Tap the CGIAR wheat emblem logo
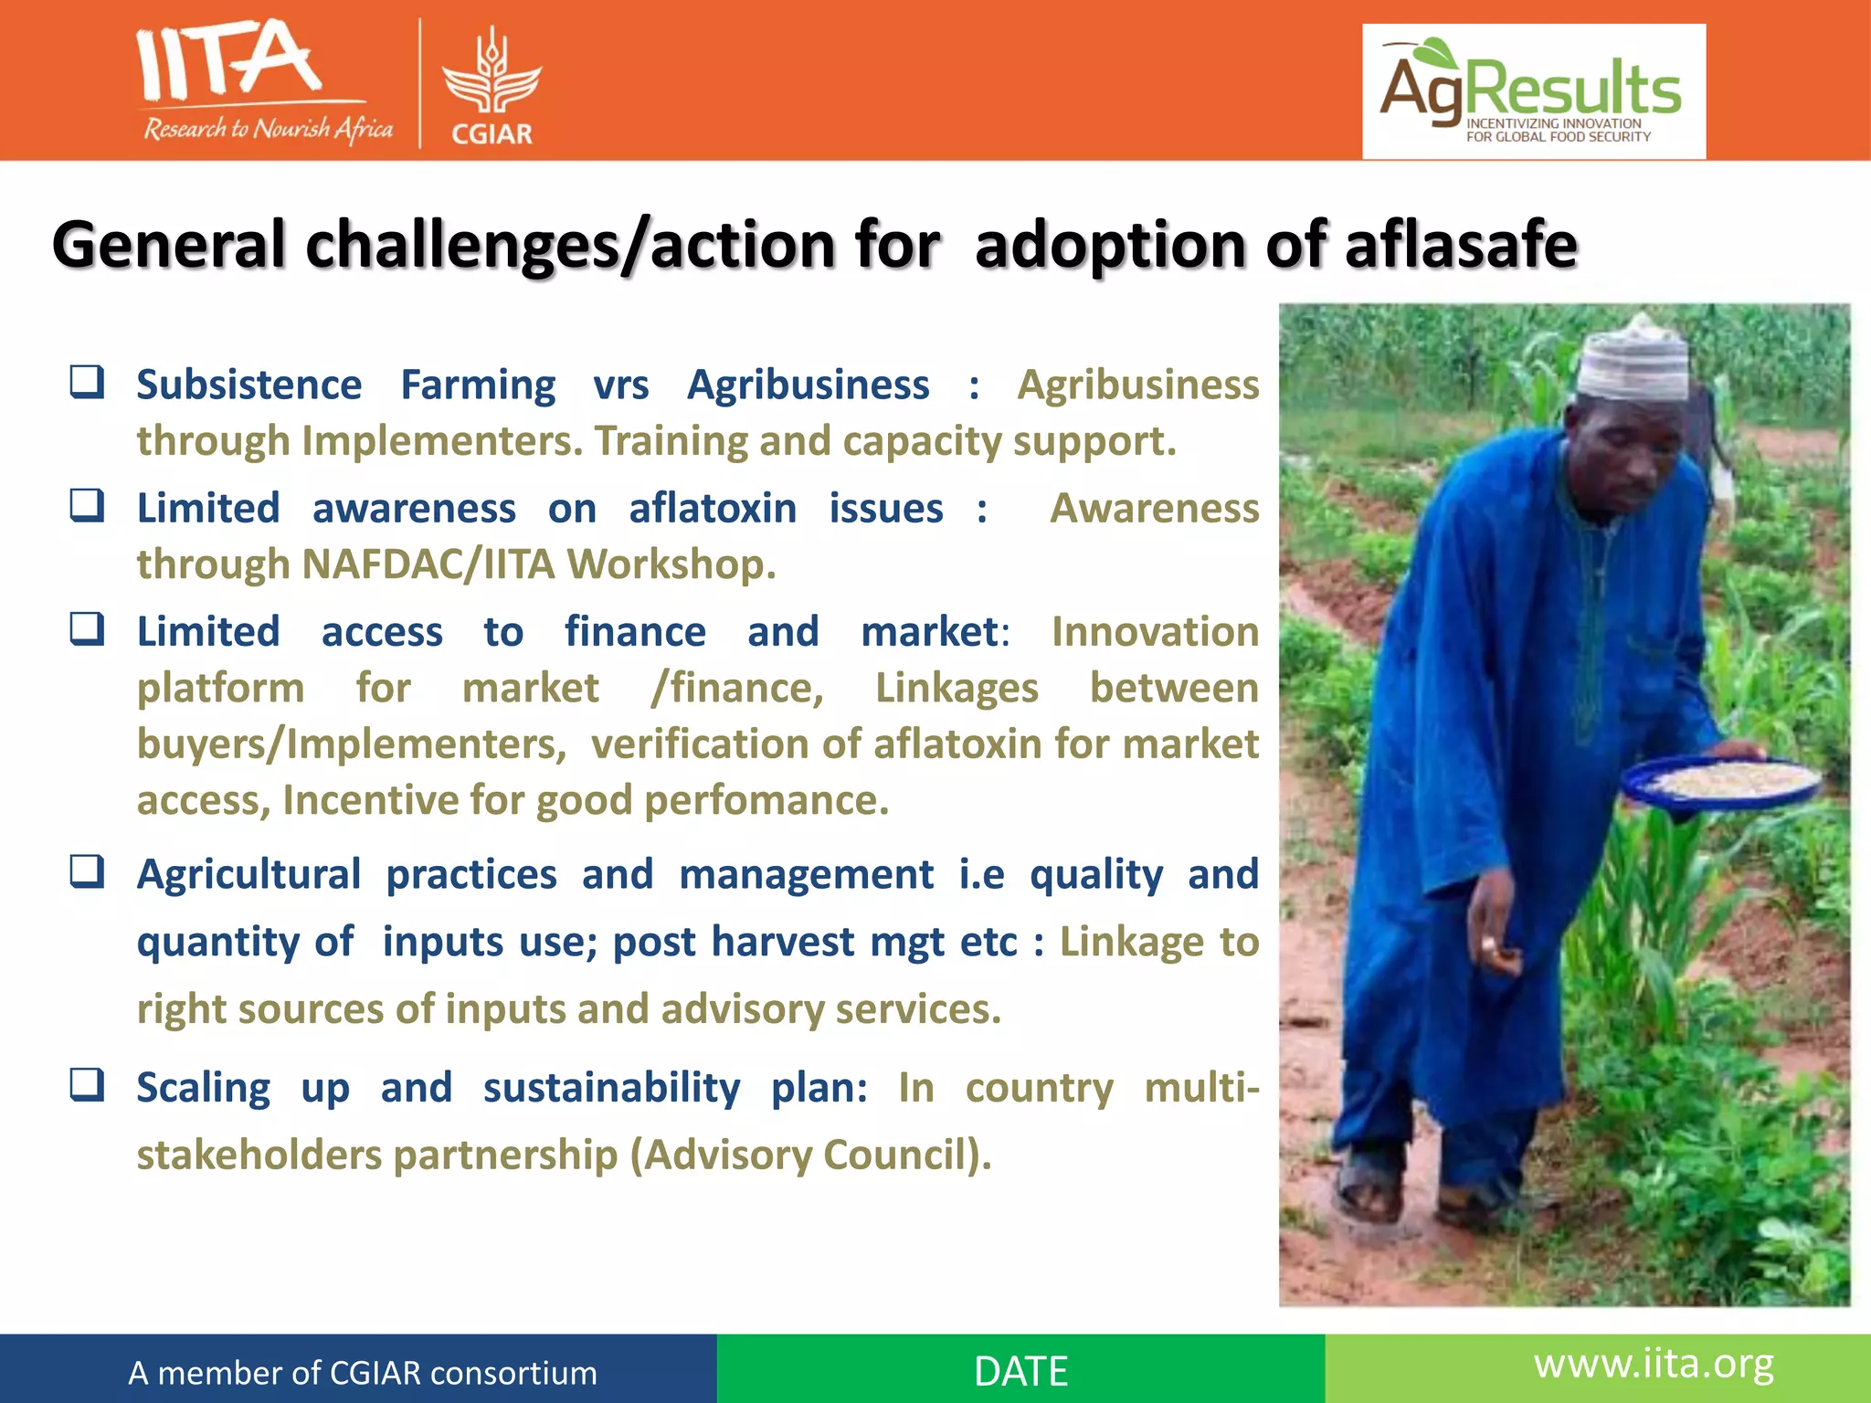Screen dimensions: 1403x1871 pos(492,73)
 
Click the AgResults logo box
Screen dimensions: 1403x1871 pos(1533,91)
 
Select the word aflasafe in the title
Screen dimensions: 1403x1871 pos(1461,245)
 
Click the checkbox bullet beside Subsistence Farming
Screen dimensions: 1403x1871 pos(88,382)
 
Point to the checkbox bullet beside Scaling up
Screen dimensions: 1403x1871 pos(88,1085)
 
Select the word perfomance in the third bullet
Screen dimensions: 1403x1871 pos(766,801)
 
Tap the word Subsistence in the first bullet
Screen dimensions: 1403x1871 pos(248,385)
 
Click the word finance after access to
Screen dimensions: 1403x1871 pos(635,632)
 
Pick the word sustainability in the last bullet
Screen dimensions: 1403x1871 pos(611,1088)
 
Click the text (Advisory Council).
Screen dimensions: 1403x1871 pos(810,1155)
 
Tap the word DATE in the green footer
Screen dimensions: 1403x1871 pos(1020,1371)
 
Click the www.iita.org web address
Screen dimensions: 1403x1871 pos(1654,1365)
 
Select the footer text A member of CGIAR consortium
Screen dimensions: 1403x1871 pos(362,1373)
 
